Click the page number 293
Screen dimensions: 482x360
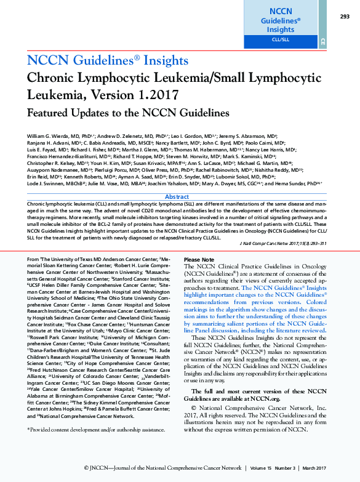point(345,17)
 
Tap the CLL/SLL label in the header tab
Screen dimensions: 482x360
point(280,39)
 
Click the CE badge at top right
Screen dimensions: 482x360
point(322,42)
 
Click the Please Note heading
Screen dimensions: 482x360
point(199,260)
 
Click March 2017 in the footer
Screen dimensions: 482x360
point(331,468)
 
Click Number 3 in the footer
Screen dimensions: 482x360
point(296,468)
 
